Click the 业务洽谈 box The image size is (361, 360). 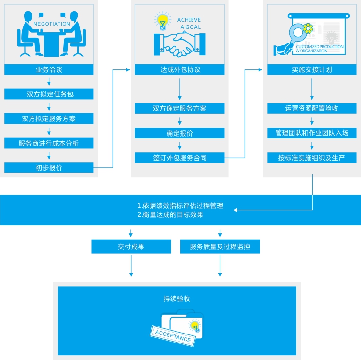[x=49, y=69]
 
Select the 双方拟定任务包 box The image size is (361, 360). [x=49, y=94]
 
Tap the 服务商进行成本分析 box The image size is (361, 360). [x=49, y=143]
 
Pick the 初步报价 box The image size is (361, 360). [x=49, y=168]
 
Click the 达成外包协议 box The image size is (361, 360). [x=180, y=69]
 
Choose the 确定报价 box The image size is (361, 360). [x=180, y=133]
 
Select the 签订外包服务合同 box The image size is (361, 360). [x=180, y=158]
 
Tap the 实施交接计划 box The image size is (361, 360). [x=311, y=69]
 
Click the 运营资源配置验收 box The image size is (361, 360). [x=311, y=108]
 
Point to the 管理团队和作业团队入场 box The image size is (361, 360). [x=311, y=133]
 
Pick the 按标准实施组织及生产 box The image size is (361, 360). [x=311, y=157]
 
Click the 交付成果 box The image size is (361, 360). [x=131, y=247]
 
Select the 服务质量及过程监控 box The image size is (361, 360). [x=220, y=247]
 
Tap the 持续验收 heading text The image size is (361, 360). [x=177, y=299]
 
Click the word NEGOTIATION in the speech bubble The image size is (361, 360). [x=52, y=24]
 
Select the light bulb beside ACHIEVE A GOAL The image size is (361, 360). [x=162, y=21]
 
